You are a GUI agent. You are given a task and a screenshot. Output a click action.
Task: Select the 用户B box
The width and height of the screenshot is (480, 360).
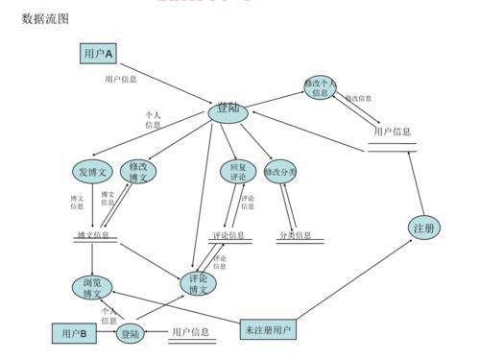(x=74, y=333)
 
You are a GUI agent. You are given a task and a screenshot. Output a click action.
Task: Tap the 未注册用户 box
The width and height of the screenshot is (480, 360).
(x=268, y=330)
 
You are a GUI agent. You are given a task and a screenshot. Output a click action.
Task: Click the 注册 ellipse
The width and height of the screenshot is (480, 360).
(x=423, y=228)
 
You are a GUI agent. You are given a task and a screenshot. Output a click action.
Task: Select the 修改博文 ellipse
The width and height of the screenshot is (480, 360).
(x=138, y=172)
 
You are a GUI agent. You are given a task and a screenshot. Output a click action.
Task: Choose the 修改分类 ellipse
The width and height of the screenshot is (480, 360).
(x=280, y=172)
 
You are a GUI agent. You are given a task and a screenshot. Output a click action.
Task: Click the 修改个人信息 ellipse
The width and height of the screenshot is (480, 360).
(x=321, y=87)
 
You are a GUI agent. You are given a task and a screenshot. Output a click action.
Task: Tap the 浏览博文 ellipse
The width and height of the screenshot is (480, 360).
(x=91, y=287)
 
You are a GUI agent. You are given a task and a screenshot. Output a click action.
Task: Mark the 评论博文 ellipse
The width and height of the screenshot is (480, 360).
(x=199, y=284)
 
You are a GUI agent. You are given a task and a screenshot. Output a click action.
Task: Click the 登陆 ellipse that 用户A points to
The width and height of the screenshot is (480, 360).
(x=228, y=112)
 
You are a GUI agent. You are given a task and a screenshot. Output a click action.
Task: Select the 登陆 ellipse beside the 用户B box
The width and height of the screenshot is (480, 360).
(x=132, y=334)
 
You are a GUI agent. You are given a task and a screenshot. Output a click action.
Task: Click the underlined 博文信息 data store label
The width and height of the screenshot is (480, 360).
(x=93, y=235)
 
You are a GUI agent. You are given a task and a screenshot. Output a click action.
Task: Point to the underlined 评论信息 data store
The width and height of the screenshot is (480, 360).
(x=228, y=235)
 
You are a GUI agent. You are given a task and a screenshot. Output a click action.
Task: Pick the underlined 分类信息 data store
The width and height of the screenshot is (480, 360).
(x=295, y=235)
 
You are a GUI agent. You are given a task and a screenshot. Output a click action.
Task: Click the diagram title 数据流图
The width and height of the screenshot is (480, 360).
(x=45, y=18)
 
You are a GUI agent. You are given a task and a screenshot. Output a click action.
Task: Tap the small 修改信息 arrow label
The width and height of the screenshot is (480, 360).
(x=358, y=99)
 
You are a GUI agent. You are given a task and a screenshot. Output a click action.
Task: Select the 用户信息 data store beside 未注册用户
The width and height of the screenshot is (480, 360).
(x=190, y=332)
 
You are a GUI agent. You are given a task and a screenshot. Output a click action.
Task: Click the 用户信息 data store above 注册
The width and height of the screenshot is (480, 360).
(x=393, y=132)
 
